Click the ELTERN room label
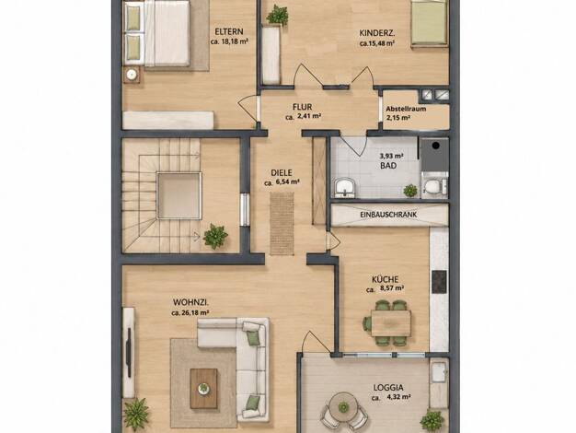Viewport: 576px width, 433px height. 229,31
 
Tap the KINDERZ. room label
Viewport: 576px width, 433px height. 377,33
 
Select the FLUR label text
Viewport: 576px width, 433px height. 303,107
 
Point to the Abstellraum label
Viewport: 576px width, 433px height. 406,109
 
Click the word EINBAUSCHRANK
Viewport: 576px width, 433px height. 388,215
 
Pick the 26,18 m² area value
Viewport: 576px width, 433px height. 195,313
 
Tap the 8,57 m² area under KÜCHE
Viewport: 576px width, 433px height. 392,288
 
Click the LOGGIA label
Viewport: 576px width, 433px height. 388,387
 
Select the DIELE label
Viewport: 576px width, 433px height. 282,172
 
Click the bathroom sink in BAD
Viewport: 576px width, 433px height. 344,187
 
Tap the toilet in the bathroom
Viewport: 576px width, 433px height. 433,186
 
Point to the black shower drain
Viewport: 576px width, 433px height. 435,146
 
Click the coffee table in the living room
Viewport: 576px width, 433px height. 203,389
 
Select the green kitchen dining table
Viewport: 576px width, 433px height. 390,323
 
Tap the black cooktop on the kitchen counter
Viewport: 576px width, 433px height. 439,281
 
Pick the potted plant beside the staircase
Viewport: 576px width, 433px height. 215,236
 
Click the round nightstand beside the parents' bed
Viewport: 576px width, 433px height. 132,75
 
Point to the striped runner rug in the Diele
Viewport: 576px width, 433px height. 282,223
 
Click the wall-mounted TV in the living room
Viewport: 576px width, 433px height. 129,353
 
